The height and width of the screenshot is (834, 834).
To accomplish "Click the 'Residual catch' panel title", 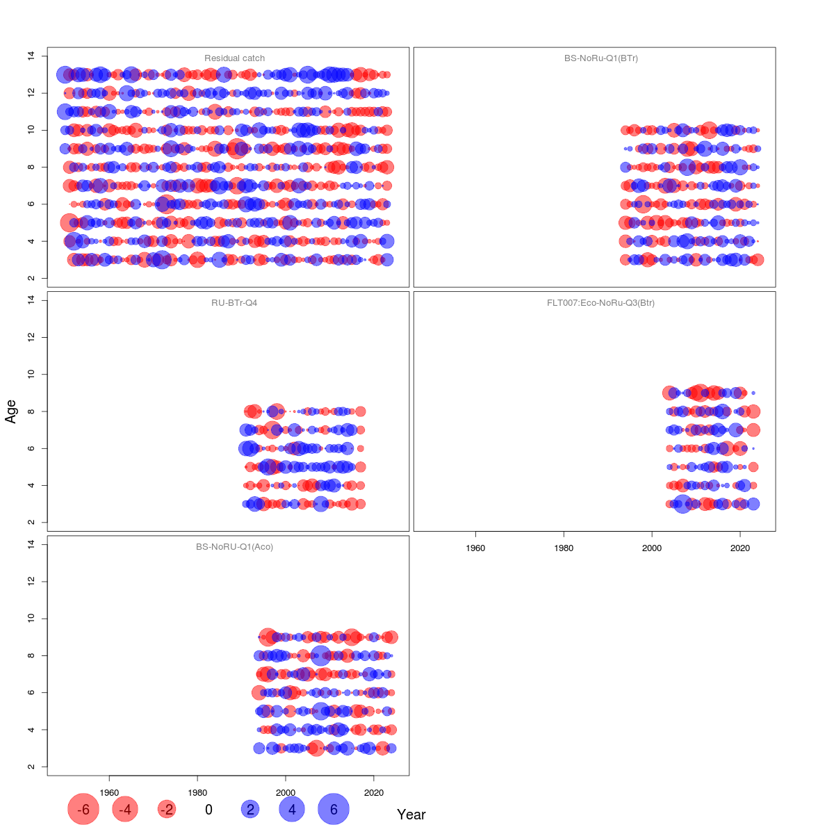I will pos(234,58).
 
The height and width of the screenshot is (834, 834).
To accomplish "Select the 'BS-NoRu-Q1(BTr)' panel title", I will pos(601,58).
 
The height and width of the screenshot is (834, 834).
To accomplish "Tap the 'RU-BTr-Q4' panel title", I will pos(234,303).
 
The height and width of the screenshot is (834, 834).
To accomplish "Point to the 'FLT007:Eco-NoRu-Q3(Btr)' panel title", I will pos(601,303).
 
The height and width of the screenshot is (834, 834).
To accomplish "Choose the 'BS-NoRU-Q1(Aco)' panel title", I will pos(234,547).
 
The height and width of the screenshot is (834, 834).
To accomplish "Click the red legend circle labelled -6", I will pos(83,810).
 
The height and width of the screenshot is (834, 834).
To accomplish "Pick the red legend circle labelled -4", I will pos(125,810).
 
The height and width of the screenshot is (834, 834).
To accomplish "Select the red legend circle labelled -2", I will pos(167,810).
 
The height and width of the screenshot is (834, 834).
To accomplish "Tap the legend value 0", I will pos(208,810).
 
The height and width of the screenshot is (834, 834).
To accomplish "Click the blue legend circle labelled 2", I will pos(250,810).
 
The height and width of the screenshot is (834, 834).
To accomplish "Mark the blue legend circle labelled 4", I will pos(292,810).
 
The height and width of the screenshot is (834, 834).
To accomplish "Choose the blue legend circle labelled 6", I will pos(334,810).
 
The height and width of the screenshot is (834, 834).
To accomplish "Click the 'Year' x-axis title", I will pos(411,815).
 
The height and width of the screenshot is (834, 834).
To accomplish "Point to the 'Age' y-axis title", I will pos(11,411).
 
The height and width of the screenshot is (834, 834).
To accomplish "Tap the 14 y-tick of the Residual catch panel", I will pos(31,56).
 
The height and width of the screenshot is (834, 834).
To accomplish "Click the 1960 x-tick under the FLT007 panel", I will pos(475,548).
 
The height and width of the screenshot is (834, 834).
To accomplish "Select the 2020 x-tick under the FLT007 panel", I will pos(740,548).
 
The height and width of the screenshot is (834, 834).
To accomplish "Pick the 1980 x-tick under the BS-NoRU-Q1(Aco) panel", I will pos(197,792).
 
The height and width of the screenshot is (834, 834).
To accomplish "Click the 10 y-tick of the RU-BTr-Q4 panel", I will pos(31,374).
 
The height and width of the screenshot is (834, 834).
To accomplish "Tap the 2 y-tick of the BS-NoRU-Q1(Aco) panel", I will pos(31,767).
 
